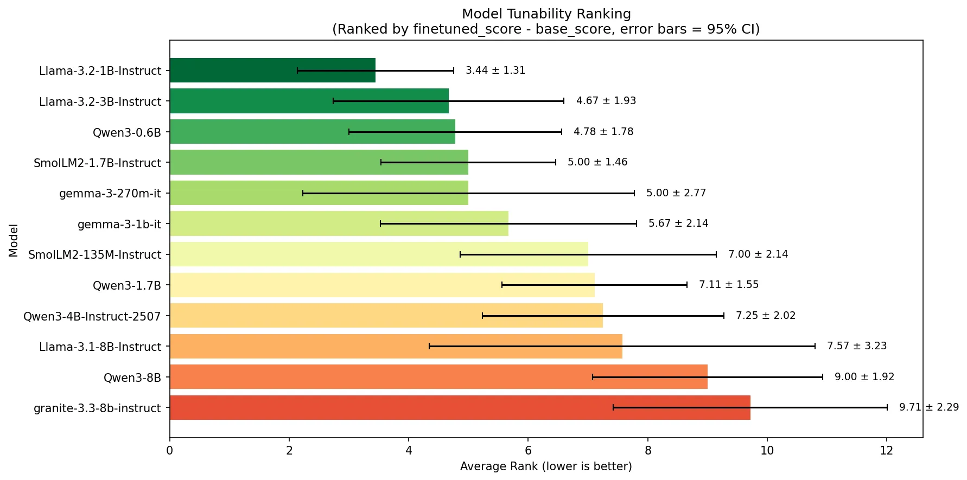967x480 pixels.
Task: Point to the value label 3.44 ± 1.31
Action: tap(495, 71)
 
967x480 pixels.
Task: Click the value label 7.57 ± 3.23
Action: tap(857, 346)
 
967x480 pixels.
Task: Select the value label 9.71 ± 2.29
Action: tap(929, 407)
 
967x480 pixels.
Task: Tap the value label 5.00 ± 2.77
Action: tap(676, 193)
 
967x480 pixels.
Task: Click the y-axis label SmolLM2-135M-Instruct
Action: tap(95, 254)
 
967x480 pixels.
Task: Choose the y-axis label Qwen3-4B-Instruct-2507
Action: tap(92, 316)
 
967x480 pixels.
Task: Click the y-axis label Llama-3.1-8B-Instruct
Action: tap(100, 347)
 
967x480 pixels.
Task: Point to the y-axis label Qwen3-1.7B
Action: tap(127, 285)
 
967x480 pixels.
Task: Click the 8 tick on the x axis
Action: tap(648, 450)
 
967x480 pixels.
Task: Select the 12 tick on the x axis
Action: tap(887, 450)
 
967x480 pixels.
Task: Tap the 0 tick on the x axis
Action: tap(170, 450)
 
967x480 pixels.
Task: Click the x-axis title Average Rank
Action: tap(546, 466)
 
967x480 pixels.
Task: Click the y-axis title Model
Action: tap(14, 240)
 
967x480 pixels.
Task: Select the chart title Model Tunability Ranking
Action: tap(546, 14)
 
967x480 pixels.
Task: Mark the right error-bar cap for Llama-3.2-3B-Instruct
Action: tap(564, 101)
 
